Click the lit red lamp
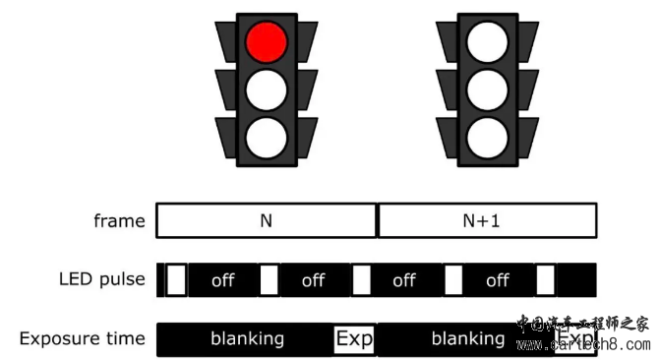pyautogui.click(x=266, y=42)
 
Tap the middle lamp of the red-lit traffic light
pyautogui.click(x=266, y=89)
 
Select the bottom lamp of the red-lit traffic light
pyautogui.click(x=266, y=135)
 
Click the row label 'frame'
pyautogui.click(x=119, y=221)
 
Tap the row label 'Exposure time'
pyautogui.click(x=82, y=339)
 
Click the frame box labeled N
pyautogui.click(x=266, y=221)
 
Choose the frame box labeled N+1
pyautogui.click(x=487, y=221)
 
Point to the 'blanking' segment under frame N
pyautogui.click(x=247, y=339)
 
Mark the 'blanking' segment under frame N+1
pyautogui.click(x=467, y=339)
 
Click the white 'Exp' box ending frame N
pyautogui.click(x=355, y=339)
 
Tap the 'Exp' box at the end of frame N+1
pyautogui.click(x=576, y=339)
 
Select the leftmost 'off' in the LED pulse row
pyautogui.click(x=223, y=280)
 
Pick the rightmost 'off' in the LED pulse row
pyautogui.click(x=498, y=280)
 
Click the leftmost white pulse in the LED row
pyautogui.click(x=176, y=280)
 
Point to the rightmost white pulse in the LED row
pyautogui.click(x=546, y=280)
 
